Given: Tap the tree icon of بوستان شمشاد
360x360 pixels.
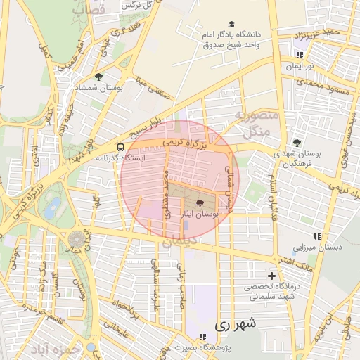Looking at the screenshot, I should [x=98, y=77].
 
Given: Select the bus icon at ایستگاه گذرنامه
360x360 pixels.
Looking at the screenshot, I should [x=121, y=148].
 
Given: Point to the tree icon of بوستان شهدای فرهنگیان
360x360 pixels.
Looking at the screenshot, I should [x=297, y=143].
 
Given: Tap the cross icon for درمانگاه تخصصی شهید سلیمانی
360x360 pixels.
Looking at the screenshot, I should [x=271, y=276].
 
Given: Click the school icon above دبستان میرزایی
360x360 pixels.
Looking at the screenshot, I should [x=317, y=237].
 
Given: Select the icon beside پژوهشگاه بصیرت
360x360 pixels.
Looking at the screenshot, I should [x=202, y=337].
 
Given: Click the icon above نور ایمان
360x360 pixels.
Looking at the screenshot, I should [x=300, y=55].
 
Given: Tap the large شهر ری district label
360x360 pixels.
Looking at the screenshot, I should [x=235, y=324].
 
